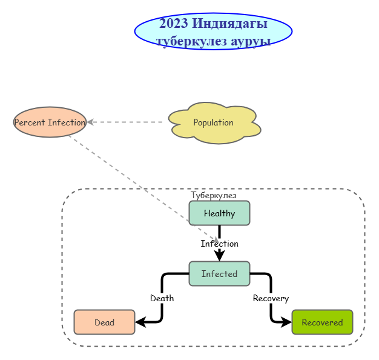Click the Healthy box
pos(219,213)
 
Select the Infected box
pos(219,274)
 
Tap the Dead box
pos(104,322)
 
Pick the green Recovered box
pos(322,322)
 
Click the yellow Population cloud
pos(213,123)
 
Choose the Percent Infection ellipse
pos(50,122)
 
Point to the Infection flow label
pos(219,244)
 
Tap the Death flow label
pos(162,298)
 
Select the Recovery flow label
pos(271,298)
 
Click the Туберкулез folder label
pos(213,195)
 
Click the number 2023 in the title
pos(174,24)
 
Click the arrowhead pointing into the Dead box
pos(139,322)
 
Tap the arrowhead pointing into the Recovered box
pos(287,322)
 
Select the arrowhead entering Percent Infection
pos(90,122)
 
